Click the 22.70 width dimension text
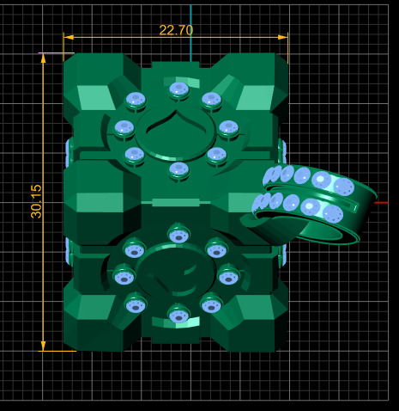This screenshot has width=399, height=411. click(176, 30)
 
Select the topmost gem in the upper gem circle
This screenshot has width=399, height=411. click(178, 89)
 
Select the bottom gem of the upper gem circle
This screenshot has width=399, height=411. click(178, 169)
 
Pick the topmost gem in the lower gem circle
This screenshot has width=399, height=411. click(178, 233)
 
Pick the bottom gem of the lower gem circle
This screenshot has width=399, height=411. click(178, 315)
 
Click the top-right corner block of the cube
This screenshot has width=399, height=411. click(257, 82)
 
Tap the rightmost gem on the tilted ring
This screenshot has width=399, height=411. click(343, 187)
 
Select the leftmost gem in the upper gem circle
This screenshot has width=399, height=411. click(124, 129)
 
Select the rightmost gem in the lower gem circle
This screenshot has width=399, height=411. click(228, 275)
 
